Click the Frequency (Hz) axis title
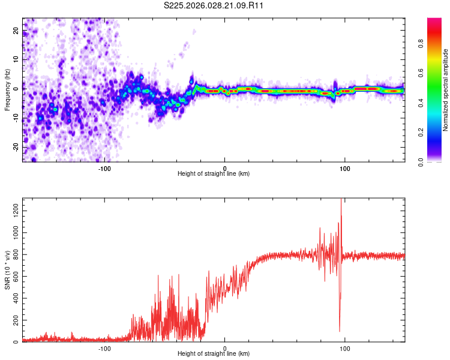coord(7,90)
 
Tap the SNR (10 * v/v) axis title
coord(7,270)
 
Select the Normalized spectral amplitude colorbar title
coord(446,90)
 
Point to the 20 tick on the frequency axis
coord(16,31)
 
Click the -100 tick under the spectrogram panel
coord(104,168)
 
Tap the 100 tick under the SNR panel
coord(345,348)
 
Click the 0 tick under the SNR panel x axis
coord(225,348)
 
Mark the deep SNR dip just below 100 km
coord(340,330)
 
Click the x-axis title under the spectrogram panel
coord(214,174)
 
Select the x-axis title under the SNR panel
coord(214,354)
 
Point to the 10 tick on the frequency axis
coord(16,60)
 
